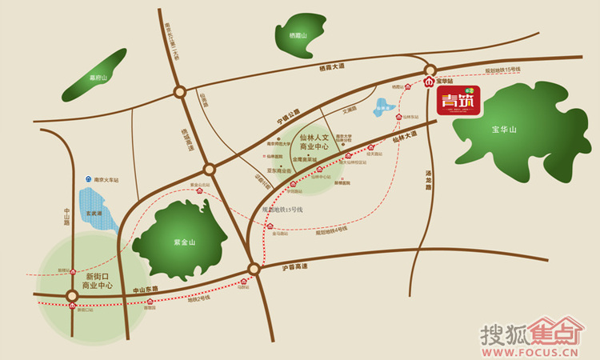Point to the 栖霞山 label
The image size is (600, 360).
pyautogui.click(x=298, y=36)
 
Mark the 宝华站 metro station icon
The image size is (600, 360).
pyautogui.click(x=430, y=82)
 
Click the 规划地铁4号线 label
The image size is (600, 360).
pyautogui.click(x=330, y=232)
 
